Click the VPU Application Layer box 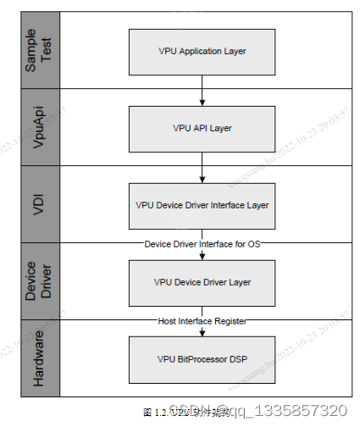tap(202, 51)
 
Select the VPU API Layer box tap(202, 128)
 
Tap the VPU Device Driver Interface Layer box tap(202, 205)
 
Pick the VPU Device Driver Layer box tap(202, 281)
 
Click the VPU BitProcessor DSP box tap(202, 358)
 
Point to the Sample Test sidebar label tap(42, 51)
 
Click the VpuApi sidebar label tap(42, 128)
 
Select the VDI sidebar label tap(42, 205)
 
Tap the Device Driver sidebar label tap(42, 281)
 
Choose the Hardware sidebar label tap(42, 358)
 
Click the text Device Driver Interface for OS tap(202, 244)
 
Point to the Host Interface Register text tap(202, 321)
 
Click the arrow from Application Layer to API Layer tap(202, 90)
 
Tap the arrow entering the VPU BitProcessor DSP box tap(202, 331)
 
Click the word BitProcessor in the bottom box tap(202, 358)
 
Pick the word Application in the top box tap(201, 51)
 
